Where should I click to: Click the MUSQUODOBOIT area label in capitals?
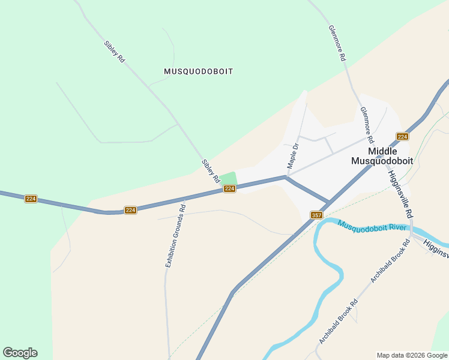(198, 71)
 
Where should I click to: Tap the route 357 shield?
(318, 215)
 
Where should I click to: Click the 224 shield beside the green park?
(229, 188)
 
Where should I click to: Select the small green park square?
(228, 178)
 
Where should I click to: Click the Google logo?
(20, 353)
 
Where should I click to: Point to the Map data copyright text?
(412, 355)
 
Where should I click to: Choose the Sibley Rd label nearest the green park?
(210, 172)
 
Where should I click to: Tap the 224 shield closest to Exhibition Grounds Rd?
(131, 210)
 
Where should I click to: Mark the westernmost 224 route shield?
(31, 199)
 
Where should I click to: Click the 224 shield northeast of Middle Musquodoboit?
(402, 137)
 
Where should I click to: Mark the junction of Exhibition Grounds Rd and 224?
(184, 199)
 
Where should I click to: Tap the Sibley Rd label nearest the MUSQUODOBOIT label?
(114, 52)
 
